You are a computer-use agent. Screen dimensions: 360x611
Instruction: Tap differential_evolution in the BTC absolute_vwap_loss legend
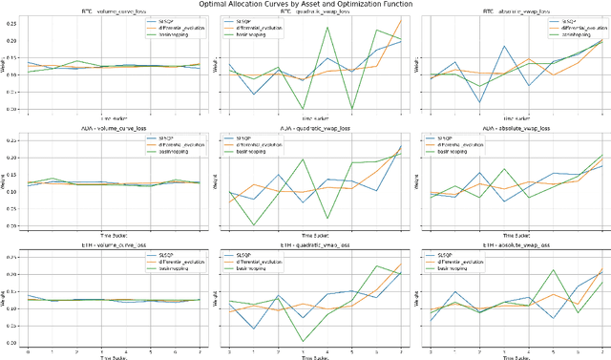pos(573,26)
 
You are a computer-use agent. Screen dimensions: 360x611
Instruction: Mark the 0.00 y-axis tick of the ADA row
pos(10,225)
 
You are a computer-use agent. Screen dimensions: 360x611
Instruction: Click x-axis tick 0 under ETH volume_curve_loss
pos(28,352)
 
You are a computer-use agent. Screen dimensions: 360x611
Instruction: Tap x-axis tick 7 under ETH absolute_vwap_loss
pos(602,352)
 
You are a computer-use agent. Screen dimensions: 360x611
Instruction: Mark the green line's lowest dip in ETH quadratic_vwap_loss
pos(303,341)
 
